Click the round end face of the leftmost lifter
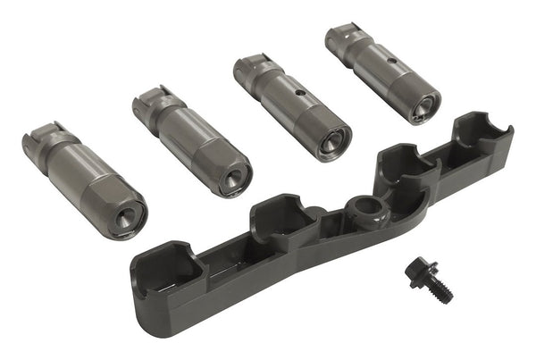tap(125, 214)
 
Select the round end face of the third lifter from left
tap(331, 140)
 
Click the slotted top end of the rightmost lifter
tap(339, 38)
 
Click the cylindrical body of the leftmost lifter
tap(85, 180)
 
